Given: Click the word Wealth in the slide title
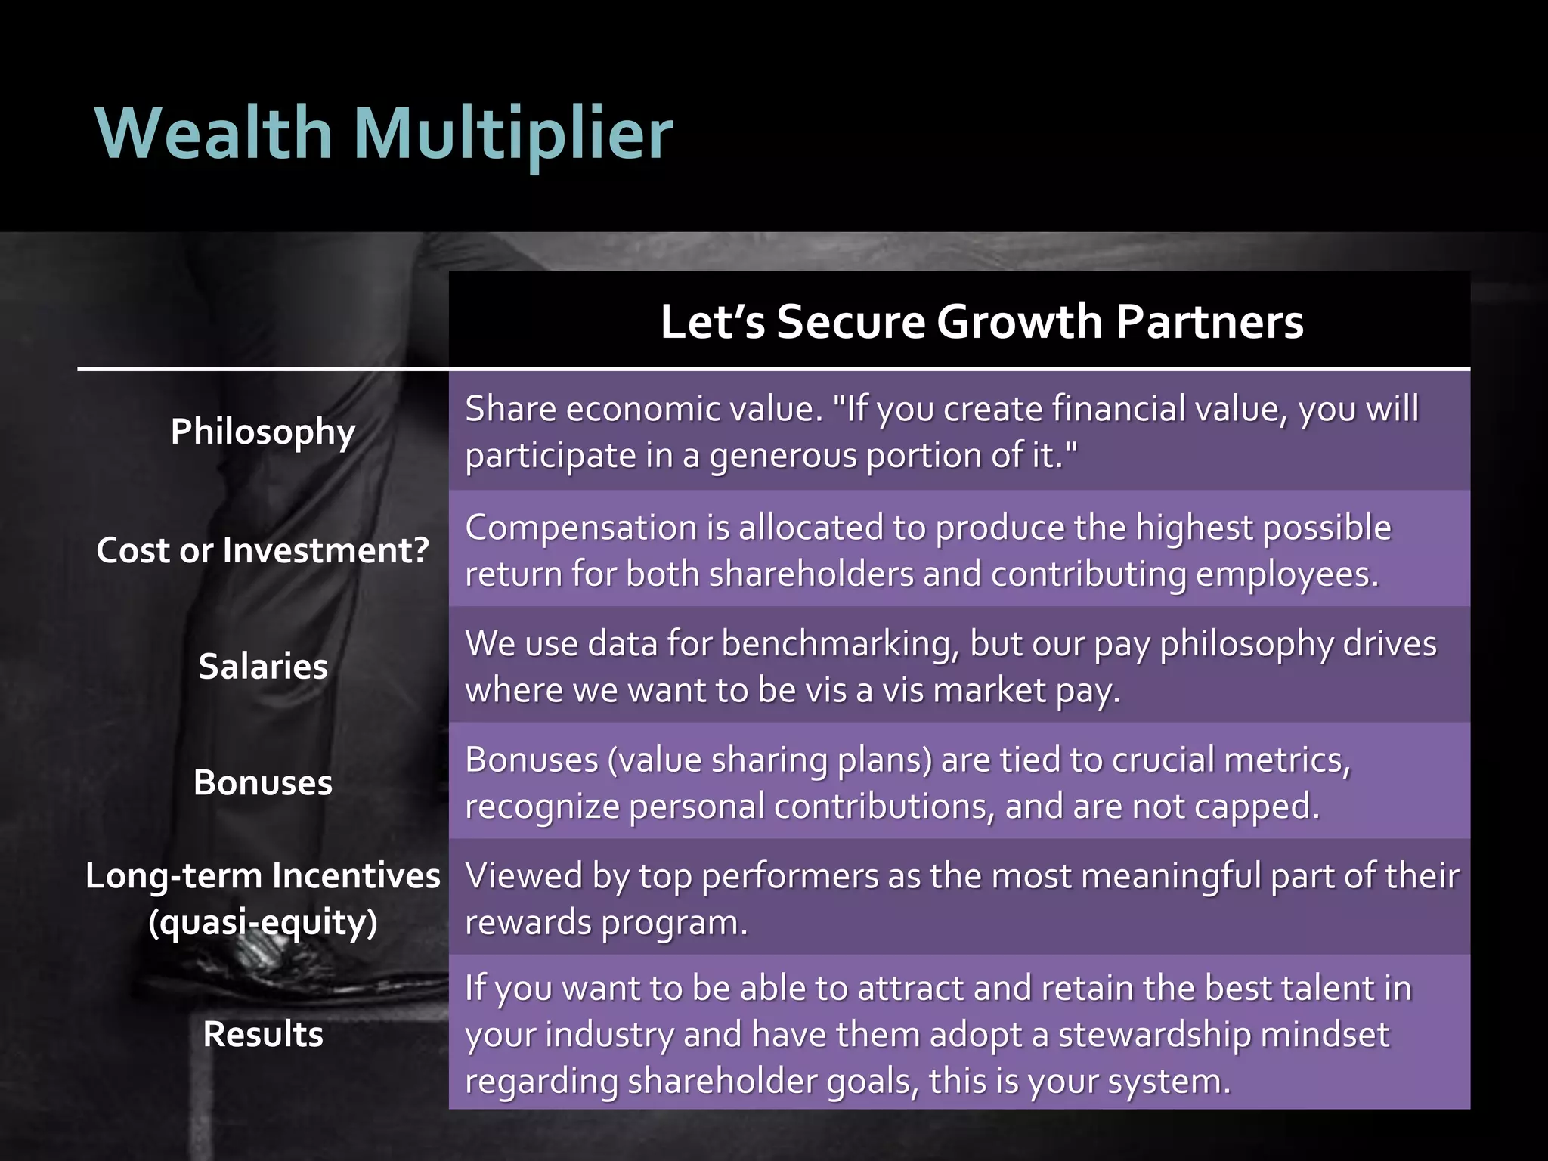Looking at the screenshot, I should [214, 133].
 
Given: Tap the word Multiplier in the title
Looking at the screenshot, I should [512, 135].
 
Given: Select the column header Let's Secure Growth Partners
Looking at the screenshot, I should [981, 321].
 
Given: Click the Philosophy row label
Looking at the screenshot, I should [262, 432].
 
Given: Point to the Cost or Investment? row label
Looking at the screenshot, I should [262, 550].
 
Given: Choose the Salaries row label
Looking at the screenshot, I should [262, 666].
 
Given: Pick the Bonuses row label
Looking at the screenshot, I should [262, 782].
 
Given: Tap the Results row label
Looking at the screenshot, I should [262, 1033].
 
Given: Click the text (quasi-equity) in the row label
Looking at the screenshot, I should [262, 922].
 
